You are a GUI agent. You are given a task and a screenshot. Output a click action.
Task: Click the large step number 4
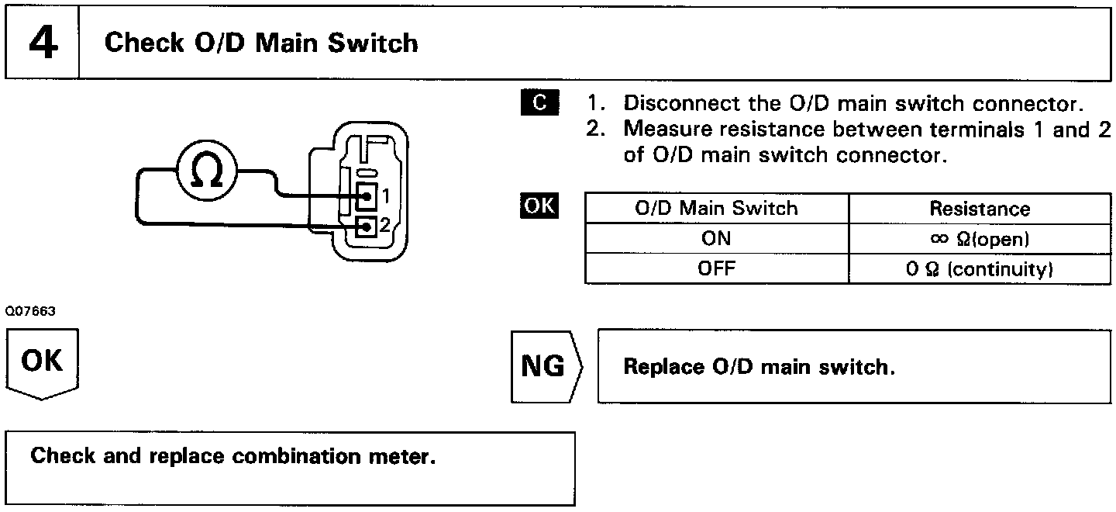[43, 43]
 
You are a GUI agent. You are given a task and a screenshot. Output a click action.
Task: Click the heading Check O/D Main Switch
[261, 43]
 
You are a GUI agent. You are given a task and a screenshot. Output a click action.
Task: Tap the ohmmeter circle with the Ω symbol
[207, 171]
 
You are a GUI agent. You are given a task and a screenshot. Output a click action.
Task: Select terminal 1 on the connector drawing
[367, 196]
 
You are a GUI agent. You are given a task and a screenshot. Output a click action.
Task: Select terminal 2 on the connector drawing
[367, 227]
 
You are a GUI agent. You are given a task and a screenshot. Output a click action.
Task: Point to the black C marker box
[539, 102]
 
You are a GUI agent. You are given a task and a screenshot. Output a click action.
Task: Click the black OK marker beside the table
[539, 206]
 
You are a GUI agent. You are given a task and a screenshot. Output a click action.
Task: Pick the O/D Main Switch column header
[716, 209]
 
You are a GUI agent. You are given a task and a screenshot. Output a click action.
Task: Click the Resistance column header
[980, 209]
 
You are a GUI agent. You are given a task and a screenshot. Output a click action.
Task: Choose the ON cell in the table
[716, 238]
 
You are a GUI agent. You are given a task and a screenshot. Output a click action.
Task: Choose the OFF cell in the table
[716, 268]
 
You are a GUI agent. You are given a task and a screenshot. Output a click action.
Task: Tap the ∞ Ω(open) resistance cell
[980, 239]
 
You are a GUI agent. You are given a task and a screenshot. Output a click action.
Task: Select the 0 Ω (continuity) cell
[980, 269]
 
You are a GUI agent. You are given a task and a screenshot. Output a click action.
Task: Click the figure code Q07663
[30, 311]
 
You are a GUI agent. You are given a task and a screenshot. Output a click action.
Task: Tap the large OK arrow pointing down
[43, 364]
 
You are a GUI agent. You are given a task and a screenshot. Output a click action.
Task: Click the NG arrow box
[546, 366]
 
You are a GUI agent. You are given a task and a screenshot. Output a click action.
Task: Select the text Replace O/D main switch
[759, 367]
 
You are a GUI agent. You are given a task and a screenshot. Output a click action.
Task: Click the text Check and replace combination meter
[232, 456]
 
